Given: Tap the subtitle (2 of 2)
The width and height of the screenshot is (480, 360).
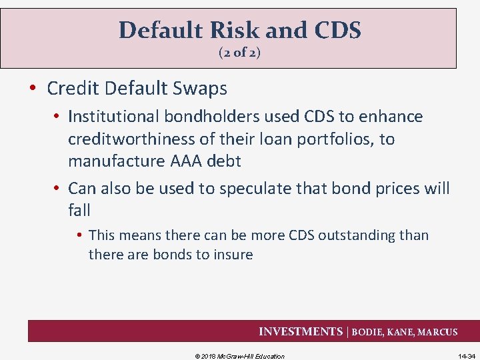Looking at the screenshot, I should [x=239, y=53].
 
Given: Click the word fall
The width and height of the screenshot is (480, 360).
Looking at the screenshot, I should [x=79, y=211].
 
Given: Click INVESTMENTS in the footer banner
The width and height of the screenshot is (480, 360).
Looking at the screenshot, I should [x=299, y=331].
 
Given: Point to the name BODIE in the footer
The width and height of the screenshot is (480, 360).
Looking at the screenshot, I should [x=368, y=332].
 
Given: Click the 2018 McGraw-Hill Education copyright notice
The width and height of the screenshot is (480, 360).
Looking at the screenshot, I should [x=239, y=356].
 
